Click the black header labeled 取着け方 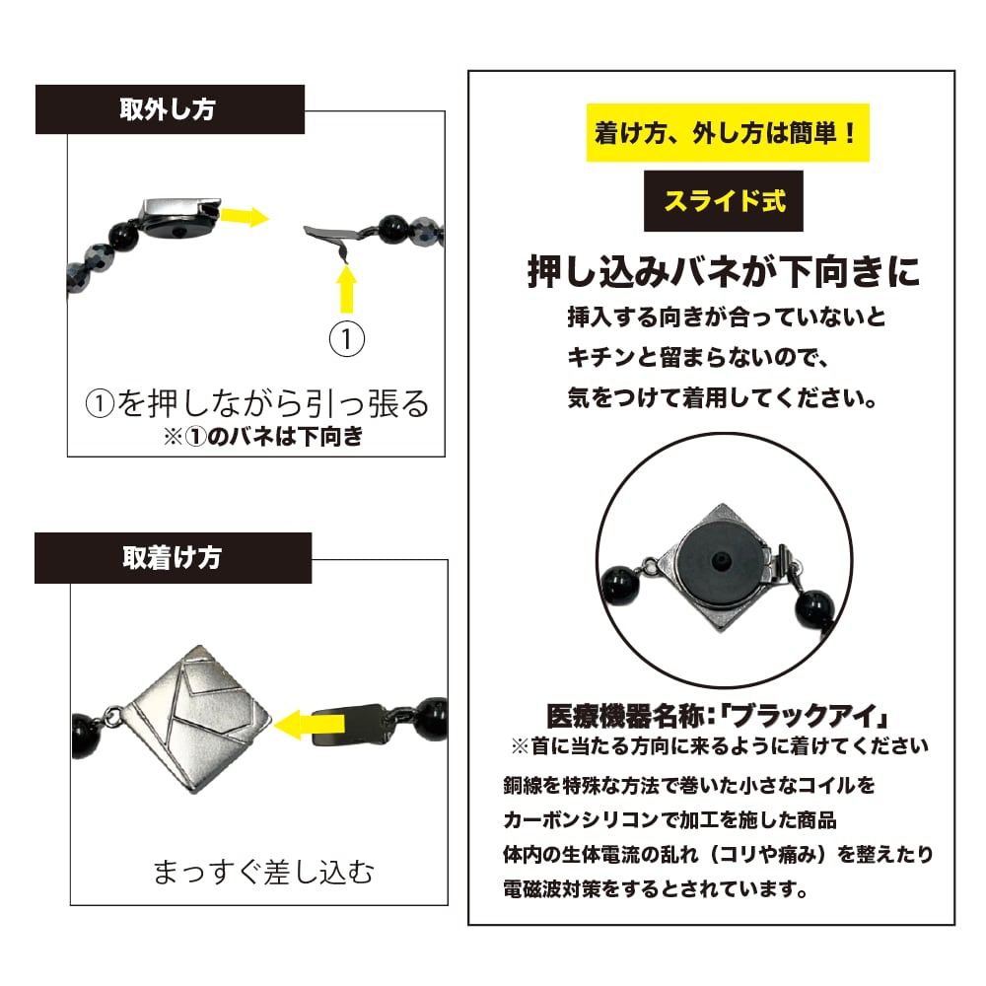(173, 558)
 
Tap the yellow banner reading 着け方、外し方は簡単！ (729, 133)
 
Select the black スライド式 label (724, 202)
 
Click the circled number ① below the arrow (346, 338)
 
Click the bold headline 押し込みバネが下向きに (724, 273)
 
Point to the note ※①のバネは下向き (263, 436)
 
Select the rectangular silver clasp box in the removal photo (178, 216)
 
